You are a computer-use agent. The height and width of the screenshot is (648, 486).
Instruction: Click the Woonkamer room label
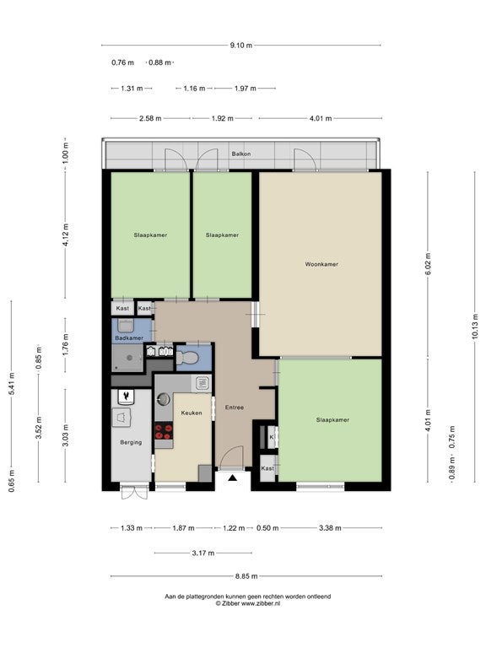321,264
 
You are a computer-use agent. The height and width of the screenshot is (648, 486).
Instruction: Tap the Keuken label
192,413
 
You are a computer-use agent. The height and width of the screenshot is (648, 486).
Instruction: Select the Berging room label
131,442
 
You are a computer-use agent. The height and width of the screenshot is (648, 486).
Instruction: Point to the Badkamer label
129,338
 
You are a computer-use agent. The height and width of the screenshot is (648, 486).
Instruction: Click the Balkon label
241,154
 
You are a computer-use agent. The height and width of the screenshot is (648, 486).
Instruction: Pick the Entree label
235,408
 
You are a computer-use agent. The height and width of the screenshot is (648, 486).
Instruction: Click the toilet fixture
187,357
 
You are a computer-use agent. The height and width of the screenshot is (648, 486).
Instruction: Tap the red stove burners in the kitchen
164,431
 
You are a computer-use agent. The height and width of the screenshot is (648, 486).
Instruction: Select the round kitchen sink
163,400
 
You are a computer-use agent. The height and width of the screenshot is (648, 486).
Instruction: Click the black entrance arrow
233,478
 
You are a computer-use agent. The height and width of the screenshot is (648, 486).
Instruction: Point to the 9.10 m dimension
241,46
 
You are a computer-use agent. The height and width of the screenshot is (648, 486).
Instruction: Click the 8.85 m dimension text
246,576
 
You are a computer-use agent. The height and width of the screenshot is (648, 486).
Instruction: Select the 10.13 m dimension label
475,327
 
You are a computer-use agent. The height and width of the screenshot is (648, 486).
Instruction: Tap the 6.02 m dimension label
428,263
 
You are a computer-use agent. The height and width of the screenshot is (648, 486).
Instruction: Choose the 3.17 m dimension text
202,553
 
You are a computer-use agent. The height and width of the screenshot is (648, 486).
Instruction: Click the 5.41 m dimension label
12,384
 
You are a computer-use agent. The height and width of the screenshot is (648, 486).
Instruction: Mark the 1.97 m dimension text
245,88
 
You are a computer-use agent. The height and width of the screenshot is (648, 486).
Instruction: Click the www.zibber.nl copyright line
247,603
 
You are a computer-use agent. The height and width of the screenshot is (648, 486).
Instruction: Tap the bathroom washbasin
124,325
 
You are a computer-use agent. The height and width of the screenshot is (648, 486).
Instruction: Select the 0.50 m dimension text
267,528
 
